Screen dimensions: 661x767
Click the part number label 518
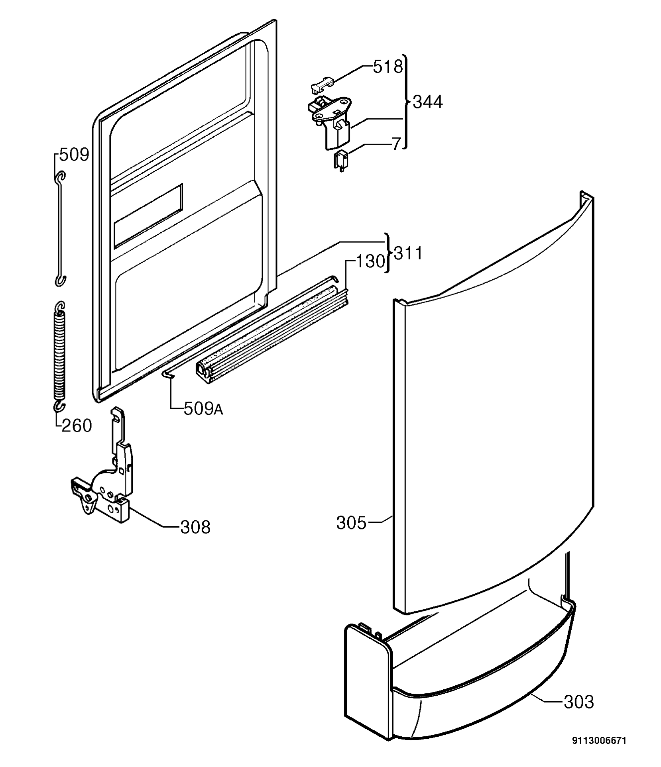click(x=388, y=67)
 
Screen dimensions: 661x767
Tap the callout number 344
click(x=428, y=102)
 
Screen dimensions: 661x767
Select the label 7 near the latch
click(x=396, y=144)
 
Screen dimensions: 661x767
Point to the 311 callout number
click(x=408, y=253)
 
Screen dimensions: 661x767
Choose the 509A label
click(x=203, y=409)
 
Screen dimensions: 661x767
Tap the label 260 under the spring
click(x=77, y=426)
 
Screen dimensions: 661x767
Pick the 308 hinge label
click(x=195, y=527)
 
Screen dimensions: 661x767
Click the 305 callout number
click(x=351, y=523)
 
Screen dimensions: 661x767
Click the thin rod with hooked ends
click(x=60, y=229)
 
